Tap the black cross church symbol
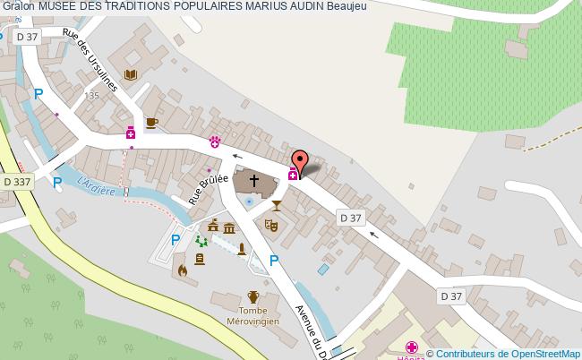click(254, 182)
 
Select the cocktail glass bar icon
click(276, 207)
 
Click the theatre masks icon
click(270, 226)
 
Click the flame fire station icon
click(183, 268)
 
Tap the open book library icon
click(131, 75)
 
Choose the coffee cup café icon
click(150, 122)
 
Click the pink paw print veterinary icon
click(215, 141)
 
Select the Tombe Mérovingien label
click(253, 315)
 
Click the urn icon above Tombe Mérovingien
click(253, 296)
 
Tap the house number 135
click(90, 95)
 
